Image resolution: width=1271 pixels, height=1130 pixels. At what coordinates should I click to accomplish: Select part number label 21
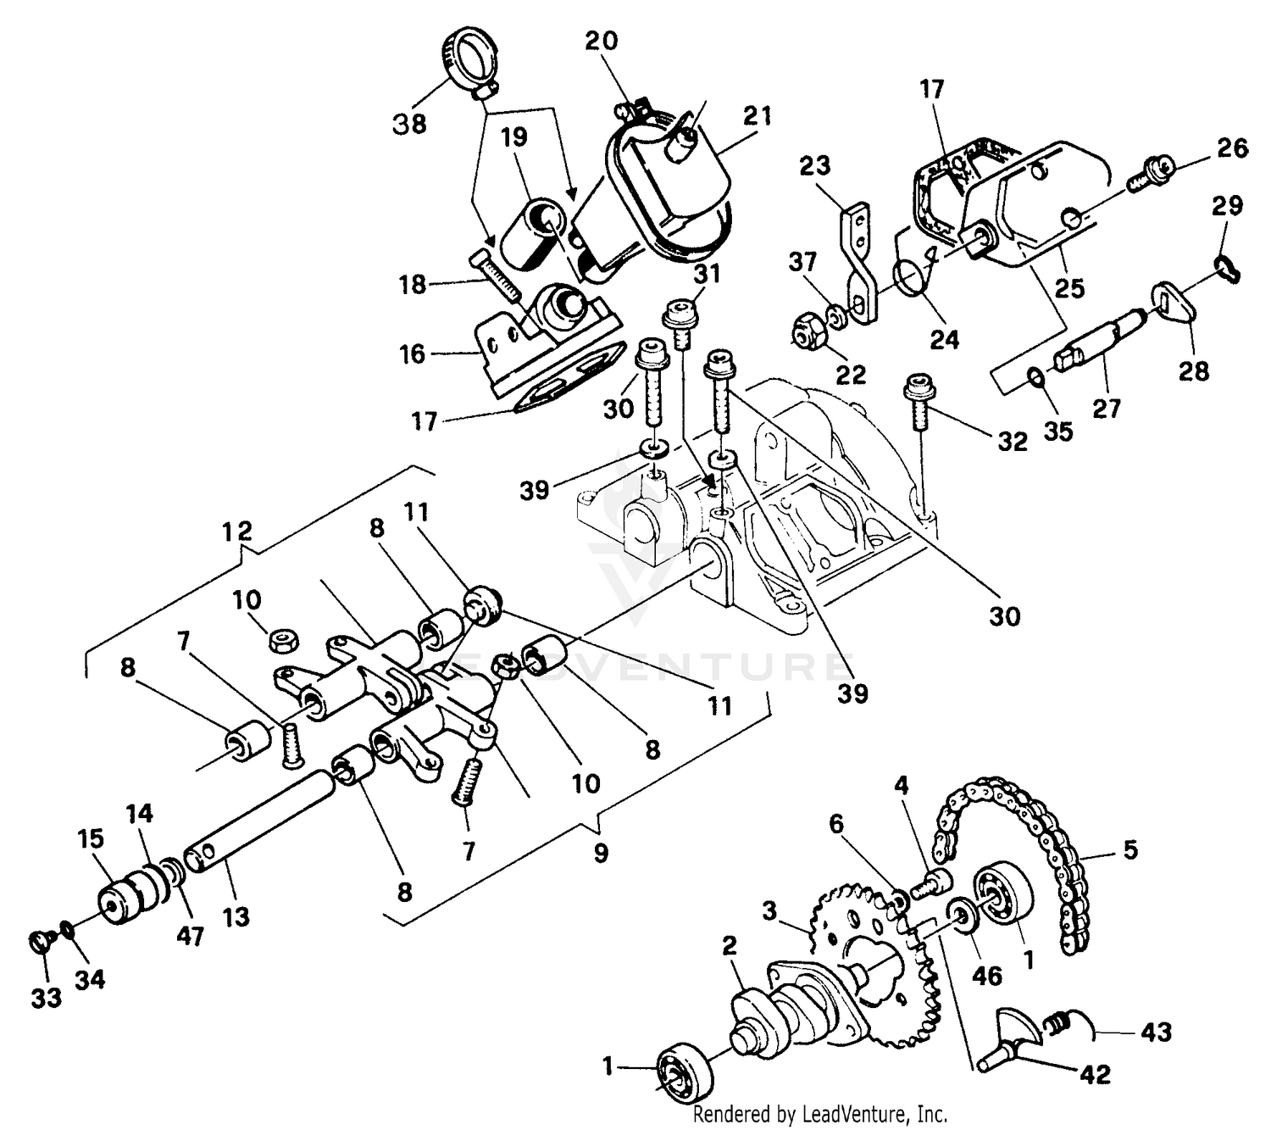(x=757, y=116)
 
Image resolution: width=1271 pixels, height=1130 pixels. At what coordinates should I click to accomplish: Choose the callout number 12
(x=237, y=532)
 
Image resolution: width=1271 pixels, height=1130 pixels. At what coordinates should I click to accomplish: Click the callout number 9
(x=601, y=852)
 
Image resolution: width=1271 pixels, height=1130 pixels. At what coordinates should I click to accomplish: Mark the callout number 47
(x=191, y=935)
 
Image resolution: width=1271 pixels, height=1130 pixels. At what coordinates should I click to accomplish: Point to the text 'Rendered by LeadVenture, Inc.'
(x=819, y=1114)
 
